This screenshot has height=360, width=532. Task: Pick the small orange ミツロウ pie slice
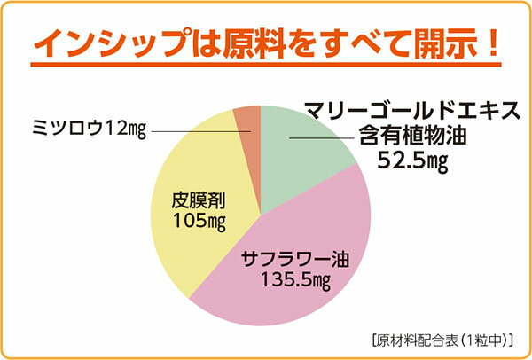(x=247, y=124)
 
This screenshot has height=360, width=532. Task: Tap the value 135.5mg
(x=294, y=281)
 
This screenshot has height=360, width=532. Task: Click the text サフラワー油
(x=294, y=260)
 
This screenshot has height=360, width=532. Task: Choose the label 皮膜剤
(x=195, y=200)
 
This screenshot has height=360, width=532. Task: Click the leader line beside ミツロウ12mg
(x=199, y=131)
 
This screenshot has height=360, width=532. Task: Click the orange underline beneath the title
(x=266, y=65)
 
